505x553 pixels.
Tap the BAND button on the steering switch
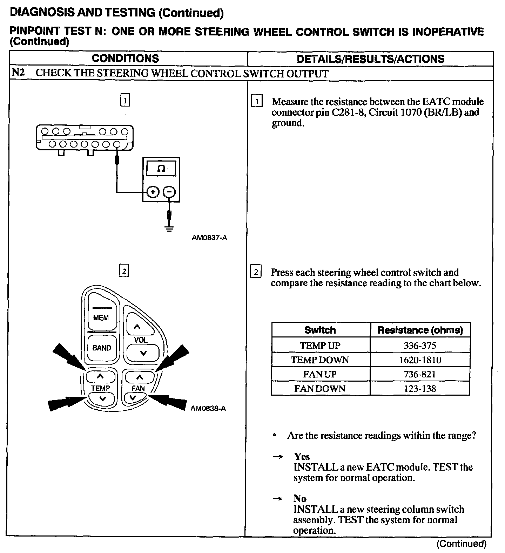point(102,348)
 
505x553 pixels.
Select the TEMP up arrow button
point(100,377)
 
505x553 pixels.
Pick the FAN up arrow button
point(140,377)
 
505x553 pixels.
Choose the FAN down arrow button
point(133,397)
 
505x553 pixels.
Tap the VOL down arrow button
point(143,353)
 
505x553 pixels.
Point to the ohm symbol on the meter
point(161,169)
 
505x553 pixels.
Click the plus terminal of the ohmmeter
point(153,192)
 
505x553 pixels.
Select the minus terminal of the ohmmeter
point(169,192)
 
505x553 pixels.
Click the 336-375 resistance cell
point(420,346)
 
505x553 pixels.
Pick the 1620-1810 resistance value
point(420,360)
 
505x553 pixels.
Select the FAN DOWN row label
point(320,389)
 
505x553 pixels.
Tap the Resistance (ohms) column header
point(420,330)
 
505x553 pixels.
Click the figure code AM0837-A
point(209,238)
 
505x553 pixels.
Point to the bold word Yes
point(302,457)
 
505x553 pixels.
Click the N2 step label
point(18,73)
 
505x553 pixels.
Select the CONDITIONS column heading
point(125,59)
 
